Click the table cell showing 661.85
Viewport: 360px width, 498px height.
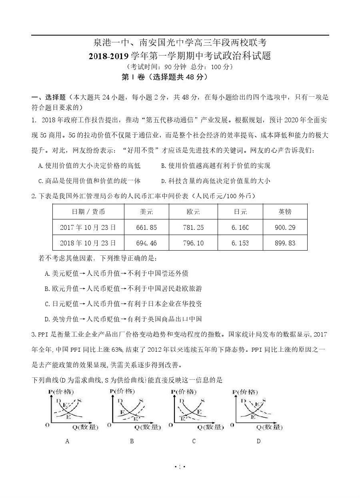point(146,227)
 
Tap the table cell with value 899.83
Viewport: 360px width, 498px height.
point(285,243)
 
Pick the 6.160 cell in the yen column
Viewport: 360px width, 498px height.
point(240,227)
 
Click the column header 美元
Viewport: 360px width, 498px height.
point(146,212)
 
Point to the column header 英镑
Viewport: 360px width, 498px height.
point(285,212)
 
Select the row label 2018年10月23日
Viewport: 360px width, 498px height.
point(88,243)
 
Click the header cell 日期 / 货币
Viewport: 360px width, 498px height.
point(88,212)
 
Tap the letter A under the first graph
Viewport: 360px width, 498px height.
point(67,441)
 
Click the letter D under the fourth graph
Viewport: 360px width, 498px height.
point(258,441)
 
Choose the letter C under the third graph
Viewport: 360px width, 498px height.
point(194,441)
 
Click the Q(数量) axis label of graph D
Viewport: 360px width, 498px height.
point(269,427)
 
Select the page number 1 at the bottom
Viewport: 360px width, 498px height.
point(180,466)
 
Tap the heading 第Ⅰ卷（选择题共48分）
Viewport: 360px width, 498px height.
point(164,77)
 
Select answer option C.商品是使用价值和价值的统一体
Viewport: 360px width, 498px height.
point(89,181)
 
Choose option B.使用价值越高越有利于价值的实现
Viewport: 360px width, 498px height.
point(216,165)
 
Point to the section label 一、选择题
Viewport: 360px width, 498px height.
point(48,97)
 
